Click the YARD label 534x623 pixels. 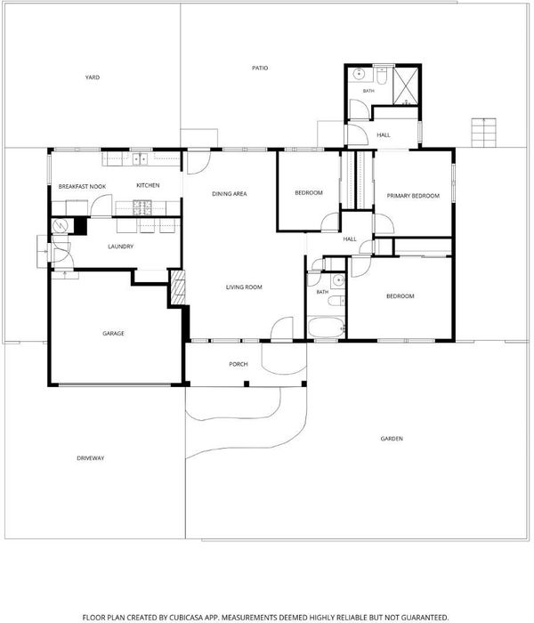pyautogui.click(x=93, y=77)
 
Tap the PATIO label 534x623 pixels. pyautogui.click(x=260, y=68)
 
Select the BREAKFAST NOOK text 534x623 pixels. pyautogui.click(x=82, y=186)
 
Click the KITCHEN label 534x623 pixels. pyautogui.click(x=148, y=185)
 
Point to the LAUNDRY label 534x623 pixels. pyautogui.click(x=121, y=247)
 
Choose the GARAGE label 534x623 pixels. pyautogui.click(x=113, y=334)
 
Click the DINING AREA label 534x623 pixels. pyautogui.click(x=230, y=194)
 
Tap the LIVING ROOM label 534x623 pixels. pyautogui.click(x=244, y=287)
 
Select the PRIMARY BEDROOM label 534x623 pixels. pyautogui.click(x=413, y=196)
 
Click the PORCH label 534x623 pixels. pyautogui.click(x=239, y=364)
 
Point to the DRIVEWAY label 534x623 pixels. pyautogui.click(x=91, y=458)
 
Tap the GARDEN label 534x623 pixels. pyautogui.click(x=392, y=439)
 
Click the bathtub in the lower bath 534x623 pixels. pyautogui.click(x=327, y=327)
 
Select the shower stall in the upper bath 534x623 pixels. pyautogui.click(x=406, y=85)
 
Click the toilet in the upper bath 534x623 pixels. pyautogui.click(x=382, y=76)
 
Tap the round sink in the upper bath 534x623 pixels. pyautogui.click(x=360, y=74)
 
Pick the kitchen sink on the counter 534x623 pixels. pyautogui.click(x=140, y=159)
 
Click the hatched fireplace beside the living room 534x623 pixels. pyautogui.click(x=178, y=287)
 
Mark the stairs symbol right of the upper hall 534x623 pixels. pyautogui.click(x=483, y=133)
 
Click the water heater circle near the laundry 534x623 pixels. pyautogui.click(x=61, y=226)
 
